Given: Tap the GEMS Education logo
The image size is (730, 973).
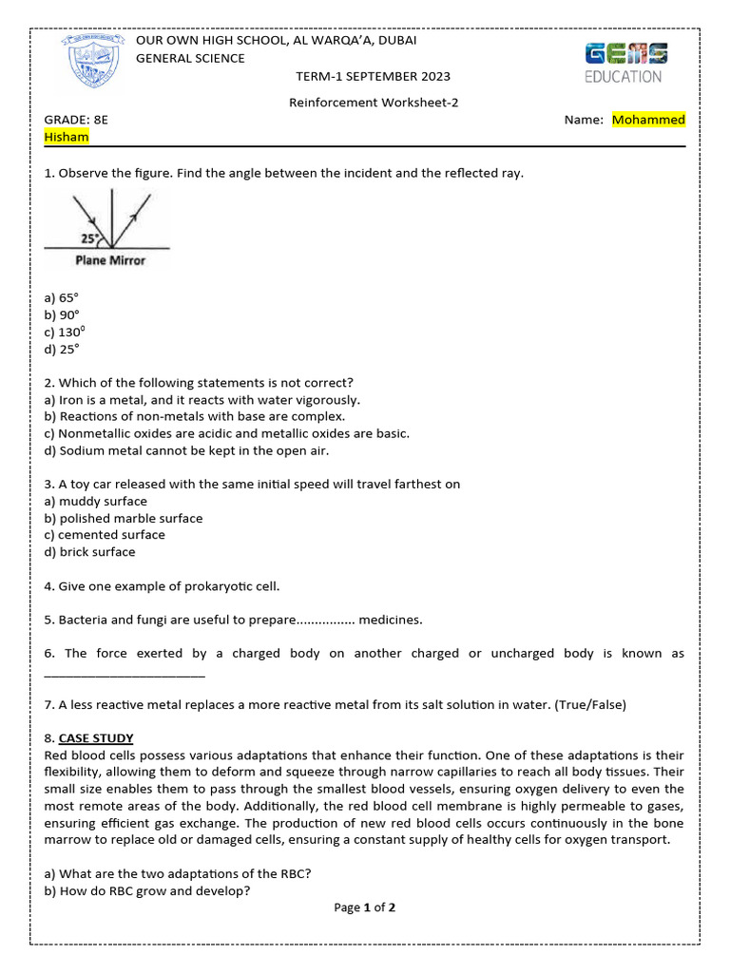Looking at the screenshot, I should coord(625,63).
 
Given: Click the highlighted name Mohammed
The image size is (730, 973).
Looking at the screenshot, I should coord(649,120).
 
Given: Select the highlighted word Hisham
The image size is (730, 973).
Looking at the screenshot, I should coord(67,137).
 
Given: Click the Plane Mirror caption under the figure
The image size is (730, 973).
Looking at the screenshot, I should coord(110,259).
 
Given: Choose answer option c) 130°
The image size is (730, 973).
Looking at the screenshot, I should coord(65,332).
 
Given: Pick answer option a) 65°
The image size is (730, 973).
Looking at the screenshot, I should coord(63,297).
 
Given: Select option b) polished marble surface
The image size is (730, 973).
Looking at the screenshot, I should coord(124,518).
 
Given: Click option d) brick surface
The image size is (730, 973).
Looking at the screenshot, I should coord(90,552).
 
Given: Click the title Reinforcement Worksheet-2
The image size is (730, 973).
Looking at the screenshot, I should coord(374,103).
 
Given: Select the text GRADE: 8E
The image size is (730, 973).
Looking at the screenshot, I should coord(77,120).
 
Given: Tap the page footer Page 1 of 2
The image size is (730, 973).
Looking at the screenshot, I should coord(365,907).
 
